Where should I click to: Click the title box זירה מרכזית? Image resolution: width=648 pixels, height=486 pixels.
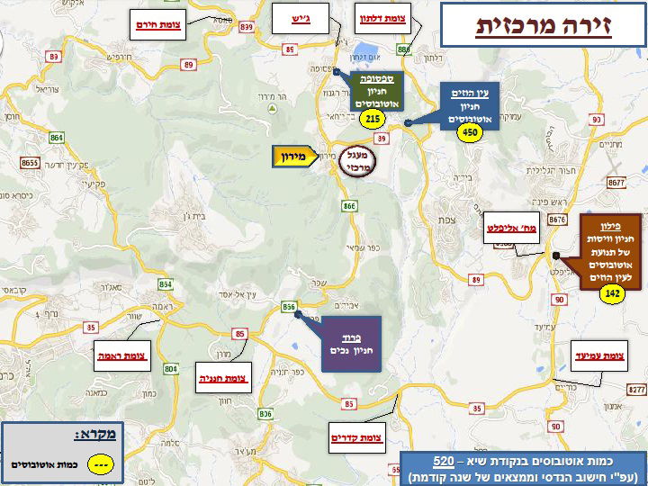[542, 24]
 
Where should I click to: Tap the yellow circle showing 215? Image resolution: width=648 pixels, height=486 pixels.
[371, 118]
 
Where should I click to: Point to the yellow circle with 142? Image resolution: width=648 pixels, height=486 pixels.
[612, 294]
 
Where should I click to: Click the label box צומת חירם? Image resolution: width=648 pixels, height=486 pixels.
[158, 24]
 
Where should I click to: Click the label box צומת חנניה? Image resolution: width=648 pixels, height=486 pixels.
[224, 379]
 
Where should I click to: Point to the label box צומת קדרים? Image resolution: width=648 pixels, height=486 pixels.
[356, 438]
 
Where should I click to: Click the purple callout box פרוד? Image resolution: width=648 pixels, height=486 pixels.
[351, 342]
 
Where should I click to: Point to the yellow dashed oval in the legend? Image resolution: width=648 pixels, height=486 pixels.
[102, 465]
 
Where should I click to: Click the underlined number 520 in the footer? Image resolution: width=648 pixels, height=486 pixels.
[442, 461]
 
